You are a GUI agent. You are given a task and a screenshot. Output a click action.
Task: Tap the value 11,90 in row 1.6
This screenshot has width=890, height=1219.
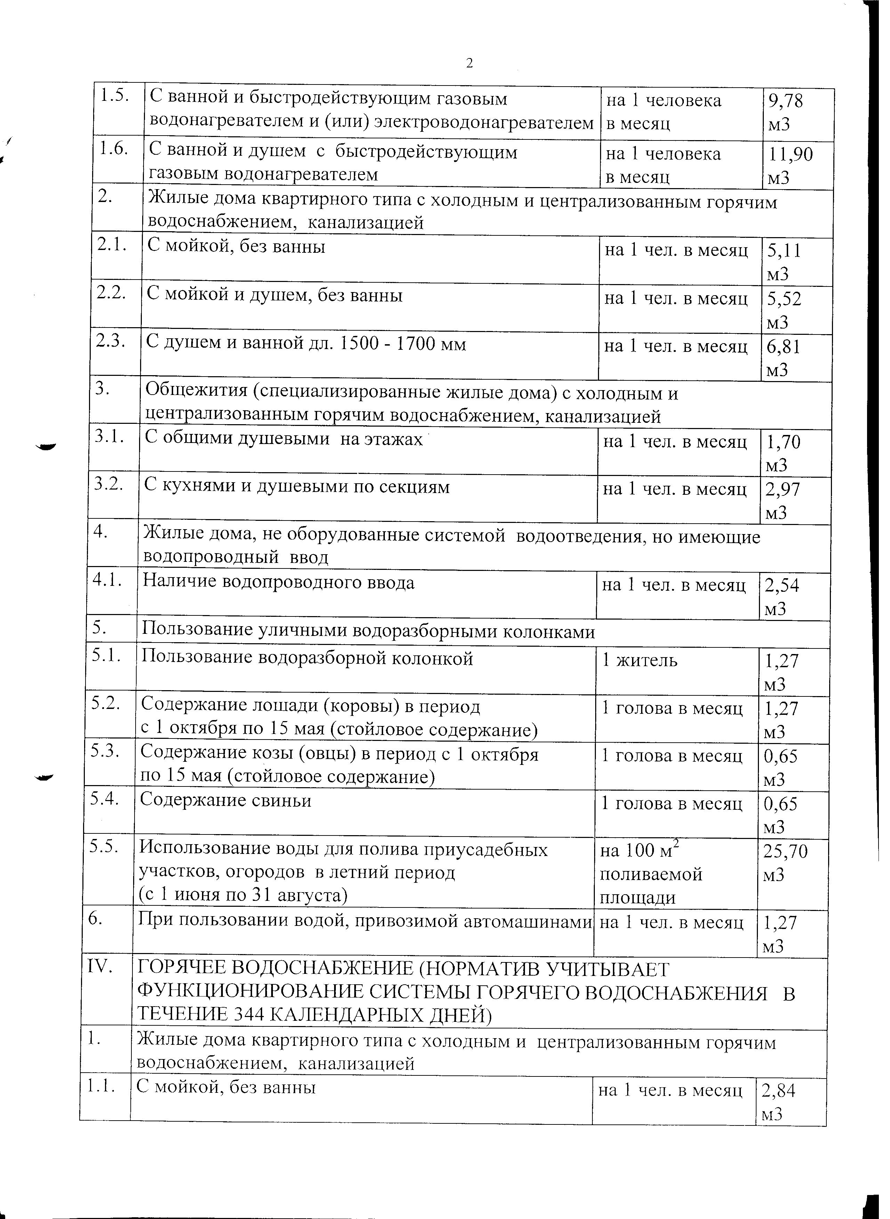click(x=790, y=155)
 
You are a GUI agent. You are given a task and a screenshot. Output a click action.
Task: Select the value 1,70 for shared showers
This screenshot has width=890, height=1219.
click(x=783, y=442)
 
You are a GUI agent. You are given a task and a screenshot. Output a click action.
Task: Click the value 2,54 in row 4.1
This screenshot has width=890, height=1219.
click(x=782, y=586)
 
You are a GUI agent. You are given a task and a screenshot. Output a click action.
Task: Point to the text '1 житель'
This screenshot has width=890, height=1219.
click(x=639, y=660)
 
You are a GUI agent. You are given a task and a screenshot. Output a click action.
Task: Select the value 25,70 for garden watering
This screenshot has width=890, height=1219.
click(x=785, y=851)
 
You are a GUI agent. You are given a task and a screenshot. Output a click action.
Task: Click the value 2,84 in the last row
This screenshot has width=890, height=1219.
click(x=778, y=1092)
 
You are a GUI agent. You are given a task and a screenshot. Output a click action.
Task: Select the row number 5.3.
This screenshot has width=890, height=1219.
click(x=105, y=752)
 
